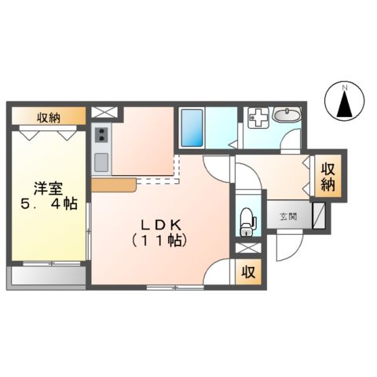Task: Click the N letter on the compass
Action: (343, 86)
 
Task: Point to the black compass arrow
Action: (343, 105)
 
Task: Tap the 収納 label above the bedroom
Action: (47, 118)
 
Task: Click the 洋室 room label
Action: (46, 188)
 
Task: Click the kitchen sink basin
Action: (101, 163)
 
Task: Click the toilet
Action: (247, 219)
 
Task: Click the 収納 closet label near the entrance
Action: (329, 176)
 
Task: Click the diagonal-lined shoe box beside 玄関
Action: (319, 214)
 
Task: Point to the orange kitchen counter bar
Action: (115, 185)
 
